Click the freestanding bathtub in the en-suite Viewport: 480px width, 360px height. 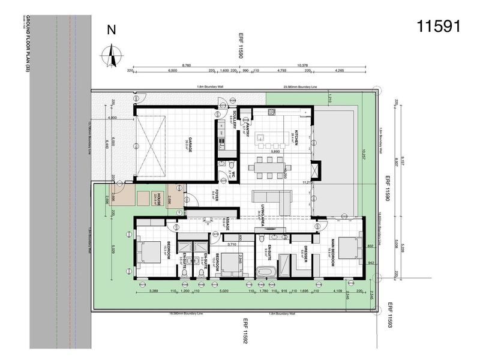click(265, 272)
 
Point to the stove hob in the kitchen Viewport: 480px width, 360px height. click(271, 112)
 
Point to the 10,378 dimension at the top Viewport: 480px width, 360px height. click(303, 65)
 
